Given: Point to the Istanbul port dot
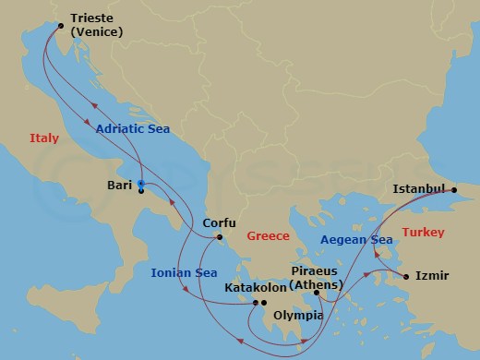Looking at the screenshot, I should tap(453, 189).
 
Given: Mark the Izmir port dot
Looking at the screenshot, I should tap(404, 275).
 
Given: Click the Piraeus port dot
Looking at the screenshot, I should tap(316, 294).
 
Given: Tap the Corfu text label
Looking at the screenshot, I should tap(220, 224).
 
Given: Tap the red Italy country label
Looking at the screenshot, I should tap(43, 138).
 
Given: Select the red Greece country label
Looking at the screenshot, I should tap(269, 236).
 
